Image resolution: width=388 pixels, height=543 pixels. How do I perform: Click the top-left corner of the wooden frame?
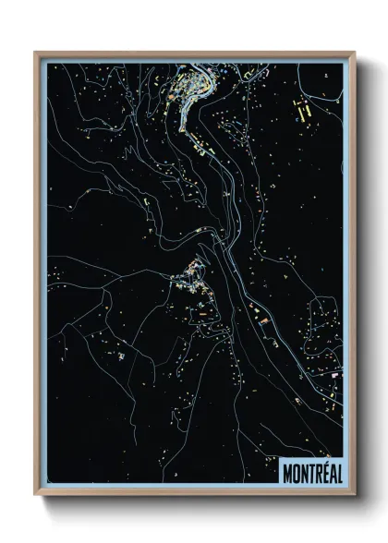(36, 53)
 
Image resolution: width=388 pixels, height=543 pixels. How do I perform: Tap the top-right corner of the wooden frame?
(354, 53)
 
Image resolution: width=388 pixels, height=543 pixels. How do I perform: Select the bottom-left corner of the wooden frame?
(36, 495)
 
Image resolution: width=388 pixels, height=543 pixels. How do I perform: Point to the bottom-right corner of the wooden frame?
(354, 495)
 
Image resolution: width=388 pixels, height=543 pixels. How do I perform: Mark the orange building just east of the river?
(263, 320)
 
